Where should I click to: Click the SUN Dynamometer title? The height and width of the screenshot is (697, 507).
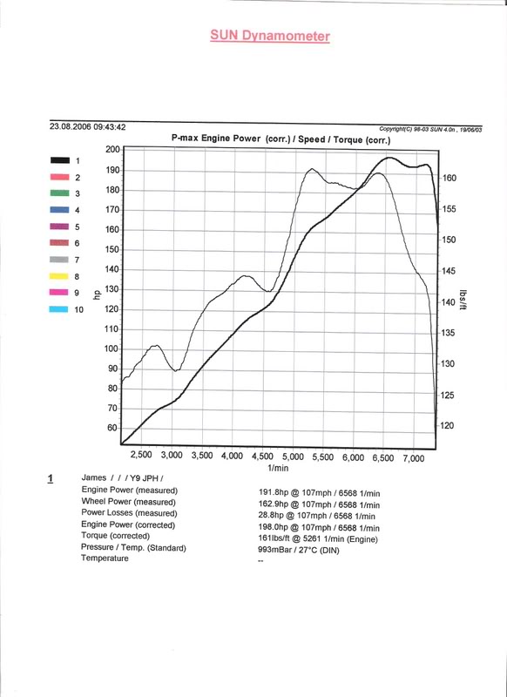click(270, 36)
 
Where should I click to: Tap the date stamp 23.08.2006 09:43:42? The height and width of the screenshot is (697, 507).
click(87, 126)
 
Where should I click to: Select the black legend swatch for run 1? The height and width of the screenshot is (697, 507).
click(59, 160)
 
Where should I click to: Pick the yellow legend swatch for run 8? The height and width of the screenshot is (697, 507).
click(59, 276)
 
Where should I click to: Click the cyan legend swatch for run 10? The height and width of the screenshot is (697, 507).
click(58, 309)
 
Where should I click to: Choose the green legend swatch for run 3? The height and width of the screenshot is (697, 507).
click(59, 193)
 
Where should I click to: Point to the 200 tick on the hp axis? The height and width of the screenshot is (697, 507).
click(112, 149)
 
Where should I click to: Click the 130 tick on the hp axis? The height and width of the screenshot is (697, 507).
click(112, 289)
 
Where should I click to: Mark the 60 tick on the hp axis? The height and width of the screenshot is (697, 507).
click(112, 428)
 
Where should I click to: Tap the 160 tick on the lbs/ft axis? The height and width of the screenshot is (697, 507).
click(450, 178)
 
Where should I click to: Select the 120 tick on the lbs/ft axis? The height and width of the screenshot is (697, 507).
click(448, 425)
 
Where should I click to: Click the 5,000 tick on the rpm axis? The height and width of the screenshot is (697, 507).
click(293, 457)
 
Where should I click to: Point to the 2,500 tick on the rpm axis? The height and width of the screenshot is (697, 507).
click(141, 455)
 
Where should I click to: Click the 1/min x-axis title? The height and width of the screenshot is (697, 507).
click(278, 468)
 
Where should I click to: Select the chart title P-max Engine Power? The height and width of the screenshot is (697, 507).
click(216, 139)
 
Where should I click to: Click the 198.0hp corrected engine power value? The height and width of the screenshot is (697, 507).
click(274, 527)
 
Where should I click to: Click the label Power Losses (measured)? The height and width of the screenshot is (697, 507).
click(129, 513)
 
